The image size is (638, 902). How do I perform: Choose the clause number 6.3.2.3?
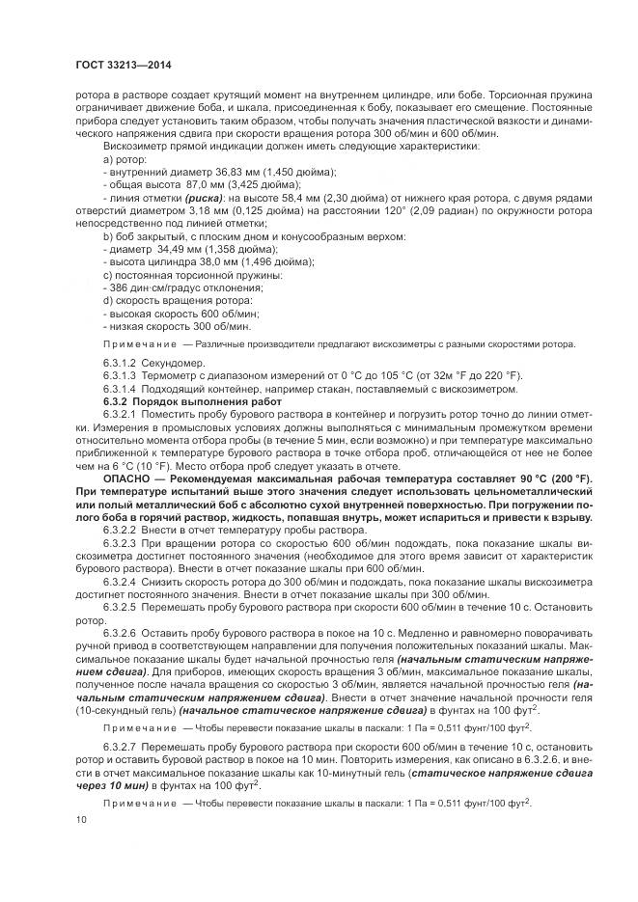point(121,543)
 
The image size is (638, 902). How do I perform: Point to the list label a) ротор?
point(125,158)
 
